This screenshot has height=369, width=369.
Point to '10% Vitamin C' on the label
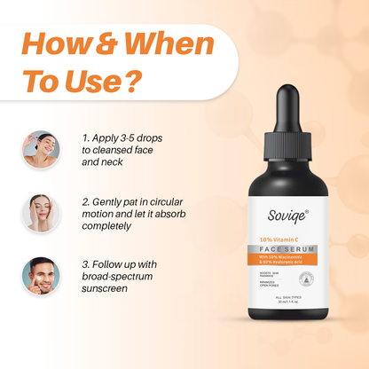[x=279, y=241]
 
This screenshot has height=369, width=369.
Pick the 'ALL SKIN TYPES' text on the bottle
[x=291, y=307]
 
